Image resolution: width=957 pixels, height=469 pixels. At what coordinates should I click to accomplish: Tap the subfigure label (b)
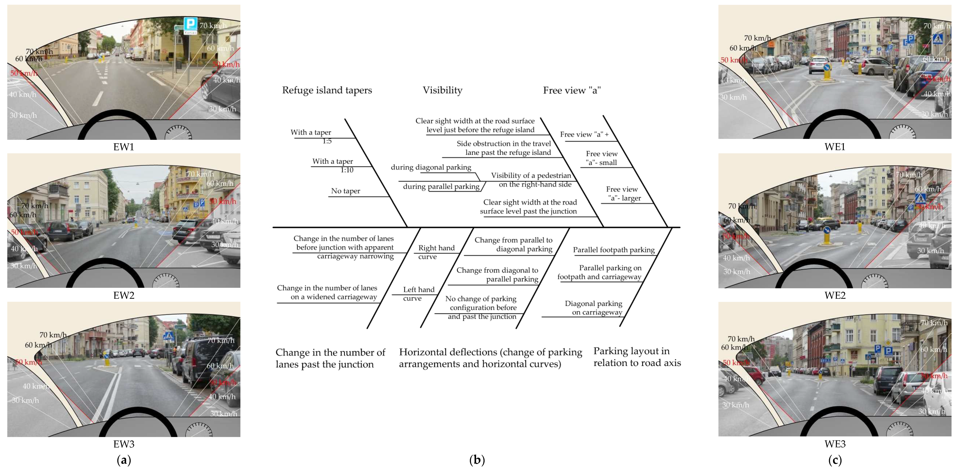[477, 460]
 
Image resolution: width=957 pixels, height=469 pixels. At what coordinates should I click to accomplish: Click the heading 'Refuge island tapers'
[327, 90]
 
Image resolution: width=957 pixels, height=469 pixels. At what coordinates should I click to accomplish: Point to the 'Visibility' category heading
[443, 90]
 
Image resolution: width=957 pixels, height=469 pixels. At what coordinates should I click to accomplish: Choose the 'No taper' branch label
[345, 191]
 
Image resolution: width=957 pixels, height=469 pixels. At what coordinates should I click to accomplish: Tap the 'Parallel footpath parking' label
[614, 250]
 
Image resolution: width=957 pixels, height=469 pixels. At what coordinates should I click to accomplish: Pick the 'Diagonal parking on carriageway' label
[594, 308]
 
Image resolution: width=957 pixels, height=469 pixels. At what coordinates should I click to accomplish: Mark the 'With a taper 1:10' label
[333, 165]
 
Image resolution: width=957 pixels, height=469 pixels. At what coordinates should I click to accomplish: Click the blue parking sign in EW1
[191, 24]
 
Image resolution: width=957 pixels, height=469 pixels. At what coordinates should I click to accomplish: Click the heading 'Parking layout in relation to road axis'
[637, 357]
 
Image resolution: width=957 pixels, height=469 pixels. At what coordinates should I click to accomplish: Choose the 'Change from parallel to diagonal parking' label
[513, 244]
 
